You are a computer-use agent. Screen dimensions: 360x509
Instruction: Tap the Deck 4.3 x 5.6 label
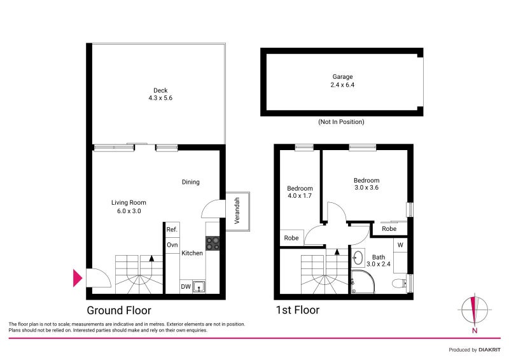point(160,94)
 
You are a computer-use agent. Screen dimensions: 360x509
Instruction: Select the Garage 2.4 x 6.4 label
point(342,80)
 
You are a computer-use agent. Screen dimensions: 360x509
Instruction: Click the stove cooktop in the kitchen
point(213,242)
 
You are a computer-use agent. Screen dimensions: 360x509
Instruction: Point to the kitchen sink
point(200,287)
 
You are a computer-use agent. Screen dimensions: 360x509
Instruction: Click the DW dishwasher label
point(186,287)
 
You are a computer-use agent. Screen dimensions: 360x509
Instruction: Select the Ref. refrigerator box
point(172,230)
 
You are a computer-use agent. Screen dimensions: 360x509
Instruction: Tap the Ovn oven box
point(172,245)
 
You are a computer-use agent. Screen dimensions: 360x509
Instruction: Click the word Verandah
point(237,210)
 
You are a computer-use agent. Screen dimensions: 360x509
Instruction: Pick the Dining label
point(191,182)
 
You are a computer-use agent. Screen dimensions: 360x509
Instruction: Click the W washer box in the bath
point(400,244)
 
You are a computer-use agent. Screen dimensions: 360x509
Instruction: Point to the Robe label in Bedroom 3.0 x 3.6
point(389,228)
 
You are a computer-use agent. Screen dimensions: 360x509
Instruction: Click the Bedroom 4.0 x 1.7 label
point(300,192)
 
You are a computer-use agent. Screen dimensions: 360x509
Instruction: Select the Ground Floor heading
point(118,310)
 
